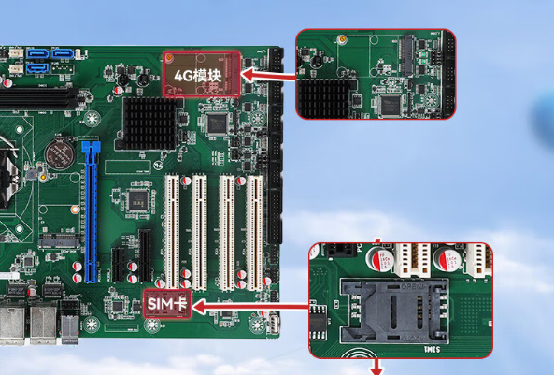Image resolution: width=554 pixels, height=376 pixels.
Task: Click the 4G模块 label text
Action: pyautogui.click(x=198, y=76)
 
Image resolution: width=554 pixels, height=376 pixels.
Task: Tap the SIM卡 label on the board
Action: pyautogui.click(x=167, y=304)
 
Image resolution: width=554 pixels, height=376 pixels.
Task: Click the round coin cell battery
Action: pyautogui.click(x=60, y=154)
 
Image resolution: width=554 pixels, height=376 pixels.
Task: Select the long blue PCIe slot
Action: pyautogui.click(x=91, y=212)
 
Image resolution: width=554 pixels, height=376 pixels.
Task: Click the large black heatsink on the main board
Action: pyautogui.click(x=149, y=123)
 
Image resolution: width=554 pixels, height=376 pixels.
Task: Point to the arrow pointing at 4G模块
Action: pyautogui.click(x=268, y=76)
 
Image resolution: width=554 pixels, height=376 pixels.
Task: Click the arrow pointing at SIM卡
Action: pyautogui.click(x=250, y=307)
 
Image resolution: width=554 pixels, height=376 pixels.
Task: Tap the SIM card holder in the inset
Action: pyautogui.click(x=394, y=311)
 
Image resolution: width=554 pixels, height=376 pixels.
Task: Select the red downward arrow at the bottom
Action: pyautogui.click(x=376, y=367)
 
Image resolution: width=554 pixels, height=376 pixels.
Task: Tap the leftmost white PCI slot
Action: pyautogui.click(x=172, y=231)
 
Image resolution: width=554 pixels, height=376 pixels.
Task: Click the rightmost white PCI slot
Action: pyautogui.click(x=254, y=232)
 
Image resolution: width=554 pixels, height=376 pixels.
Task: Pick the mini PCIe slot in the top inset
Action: pyautogui.click(x=406, y=55)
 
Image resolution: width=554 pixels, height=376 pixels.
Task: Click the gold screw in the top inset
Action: pyautogui.click(x=341, y=39)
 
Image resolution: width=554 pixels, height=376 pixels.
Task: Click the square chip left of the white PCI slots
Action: pyautogui.click(x=137, y=200)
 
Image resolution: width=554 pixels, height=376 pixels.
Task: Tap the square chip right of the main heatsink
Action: pyautogui.click(x=217, y=123)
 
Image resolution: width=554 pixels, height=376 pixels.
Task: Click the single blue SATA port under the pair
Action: pyautogui.click(x=37, y=68)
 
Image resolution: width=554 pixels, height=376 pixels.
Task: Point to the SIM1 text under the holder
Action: pyautogui.click(x=432, y=350)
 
